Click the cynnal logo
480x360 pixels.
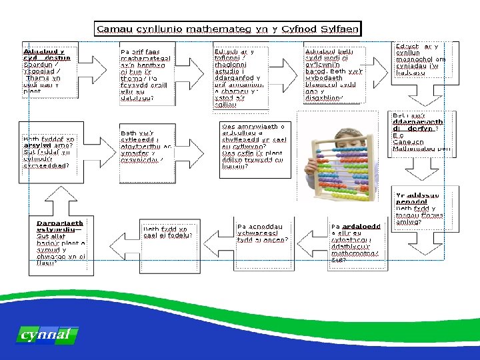[x=45, y=335]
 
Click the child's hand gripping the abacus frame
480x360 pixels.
[x=313, y=167]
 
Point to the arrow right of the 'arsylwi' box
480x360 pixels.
[x=100, y=152]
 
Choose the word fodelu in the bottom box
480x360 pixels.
[x=181, y=235]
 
